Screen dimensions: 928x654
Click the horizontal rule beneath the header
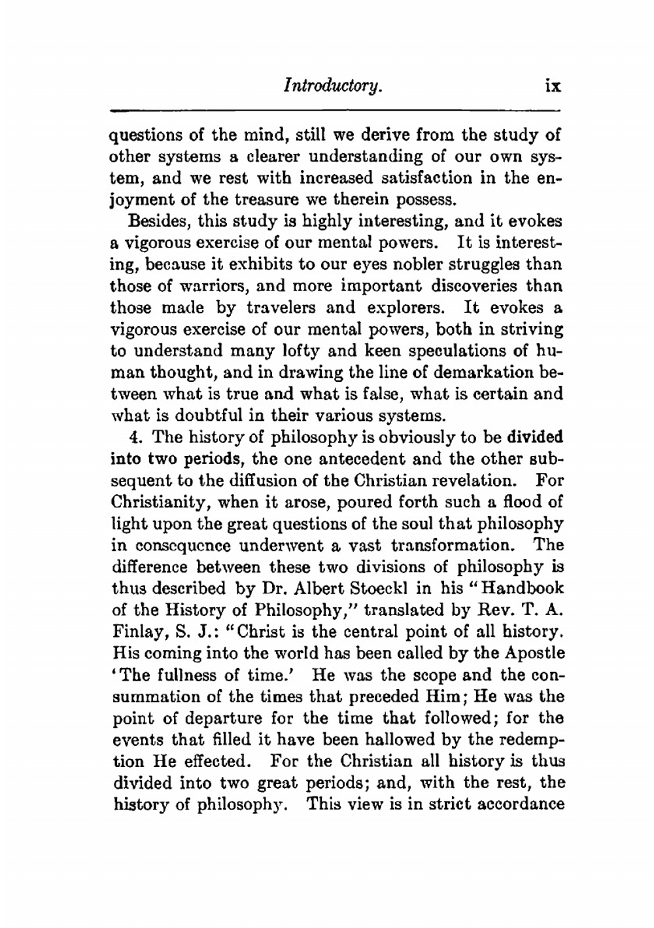(x=335, y=109)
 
